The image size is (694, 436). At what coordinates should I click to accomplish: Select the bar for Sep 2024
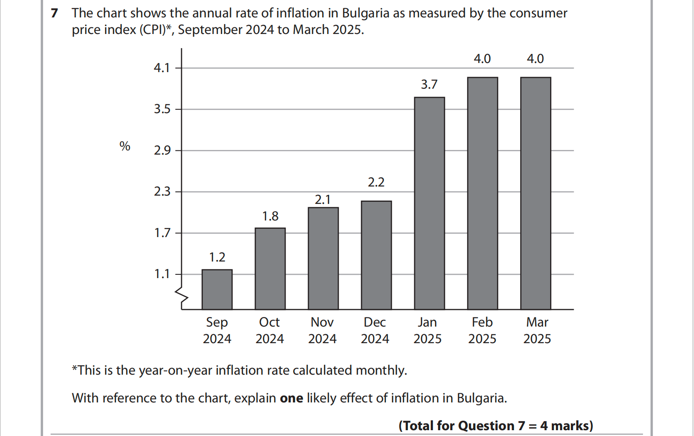217,289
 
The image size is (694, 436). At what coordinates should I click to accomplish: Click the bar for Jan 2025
429,203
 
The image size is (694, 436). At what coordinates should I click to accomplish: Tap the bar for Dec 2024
376,255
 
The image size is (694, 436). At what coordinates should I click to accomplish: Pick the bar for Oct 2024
270,269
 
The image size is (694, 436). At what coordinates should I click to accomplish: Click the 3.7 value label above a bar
429,85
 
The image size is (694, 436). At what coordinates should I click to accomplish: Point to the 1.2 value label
217,257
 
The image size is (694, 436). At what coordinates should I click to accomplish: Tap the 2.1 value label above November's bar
323,200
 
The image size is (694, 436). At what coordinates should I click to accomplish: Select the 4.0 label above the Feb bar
482,59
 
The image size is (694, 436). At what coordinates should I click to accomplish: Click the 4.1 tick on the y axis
162,68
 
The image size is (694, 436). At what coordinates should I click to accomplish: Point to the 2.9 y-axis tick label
162,150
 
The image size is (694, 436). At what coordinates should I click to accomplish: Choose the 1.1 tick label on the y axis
162,274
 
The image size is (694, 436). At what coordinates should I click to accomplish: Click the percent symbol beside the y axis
125,146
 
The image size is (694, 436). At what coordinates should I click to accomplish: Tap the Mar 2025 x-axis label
537,330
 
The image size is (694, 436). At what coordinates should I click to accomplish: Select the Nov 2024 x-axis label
322,330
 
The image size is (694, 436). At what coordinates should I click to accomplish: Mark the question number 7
54,13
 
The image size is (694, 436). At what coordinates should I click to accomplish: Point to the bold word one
291,398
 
